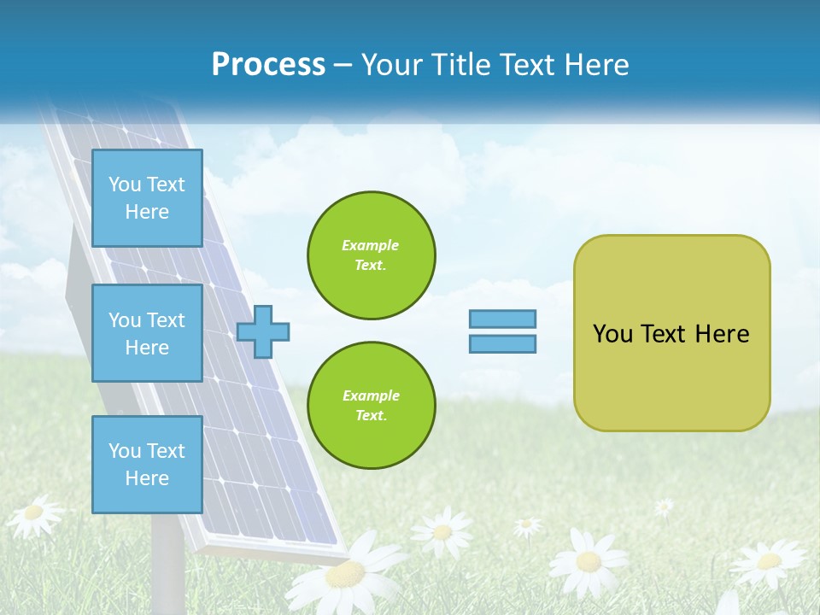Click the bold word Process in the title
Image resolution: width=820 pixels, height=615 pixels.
tap(268, 65)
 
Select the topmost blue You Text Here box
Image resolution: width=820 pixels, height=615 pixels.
tap(147, 198)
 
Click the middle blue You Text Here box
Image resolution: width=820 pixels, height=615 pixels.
tap(147, 333)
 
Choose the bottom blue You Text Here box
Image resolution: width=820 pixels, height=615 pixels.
tap(147, 465)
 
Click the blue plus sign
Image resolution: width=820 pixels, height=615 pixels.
tap(263, 332)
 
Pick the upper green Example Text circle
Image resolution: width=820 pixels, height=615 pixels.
tap(371, 255)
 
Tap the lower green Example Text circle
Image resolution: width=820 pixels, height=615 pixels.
tap(371, 406)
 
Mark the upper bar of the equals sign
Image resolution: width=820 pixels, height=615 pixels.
tap(502, 319)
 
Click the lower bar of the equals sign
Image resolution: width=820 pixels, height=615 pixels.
tap(502, 343)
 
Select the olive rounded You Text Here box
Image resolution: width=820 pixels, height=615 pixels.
tap(671, 376)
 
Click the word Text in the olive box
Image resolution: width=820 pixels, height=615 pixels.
tap(665, 334)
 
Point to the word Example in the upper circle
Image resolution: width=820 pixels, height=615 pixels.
tap(371, 245)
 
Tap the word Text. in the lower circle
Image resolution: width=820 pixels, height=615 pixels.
tap(371, 416)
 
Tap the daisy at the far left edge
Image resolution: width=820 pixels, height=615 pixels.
tap(32, 513)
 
